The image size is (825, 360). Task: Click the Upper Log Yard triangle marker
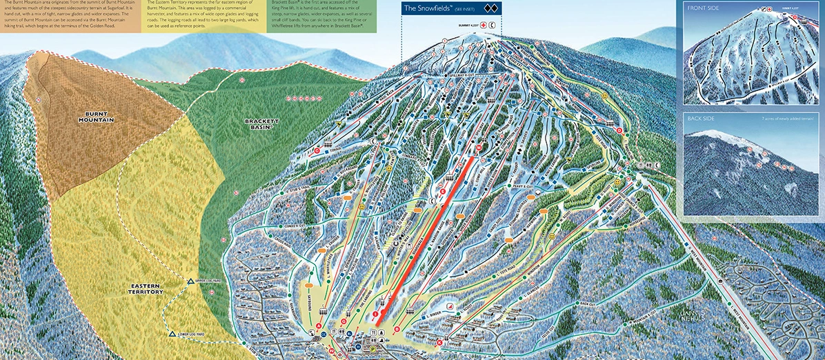pos(190,281)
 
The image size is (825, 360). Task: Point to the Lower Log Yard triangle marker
pos(171,334)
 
